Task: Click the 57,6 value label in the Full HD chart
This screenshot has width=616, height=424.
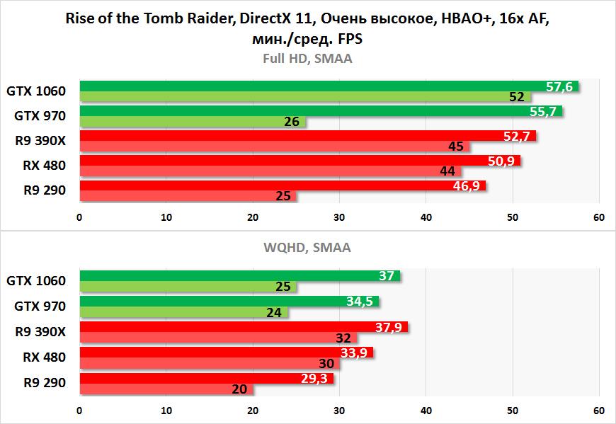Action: point(559,86)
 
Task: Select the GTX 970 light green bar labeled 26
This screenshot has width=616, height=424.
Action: point(191,122)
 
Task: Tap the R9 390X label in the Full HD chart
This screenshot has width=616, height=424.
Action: point(40,141)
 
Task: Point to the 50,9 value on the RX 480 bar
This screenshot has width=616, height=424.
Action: point(501,161)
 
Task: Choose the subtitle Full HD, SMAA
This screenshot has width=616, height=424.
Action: point(307,59)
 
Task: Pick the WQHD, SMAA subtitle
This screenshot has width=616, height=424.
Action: point(307,248)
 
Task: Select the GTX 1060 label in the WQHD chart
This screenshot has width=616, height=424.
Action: point(36,281)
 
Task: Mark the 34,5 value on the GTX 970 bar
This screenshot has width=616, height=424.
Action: point(360,302)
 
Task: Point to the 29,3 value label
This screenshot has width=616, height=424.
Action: point(314,378)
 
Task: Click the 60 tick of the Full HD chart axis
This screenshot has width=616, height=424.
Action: point(599,217)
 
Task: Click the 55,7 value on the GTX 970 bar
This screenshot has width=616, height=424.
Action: point(544,111)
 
